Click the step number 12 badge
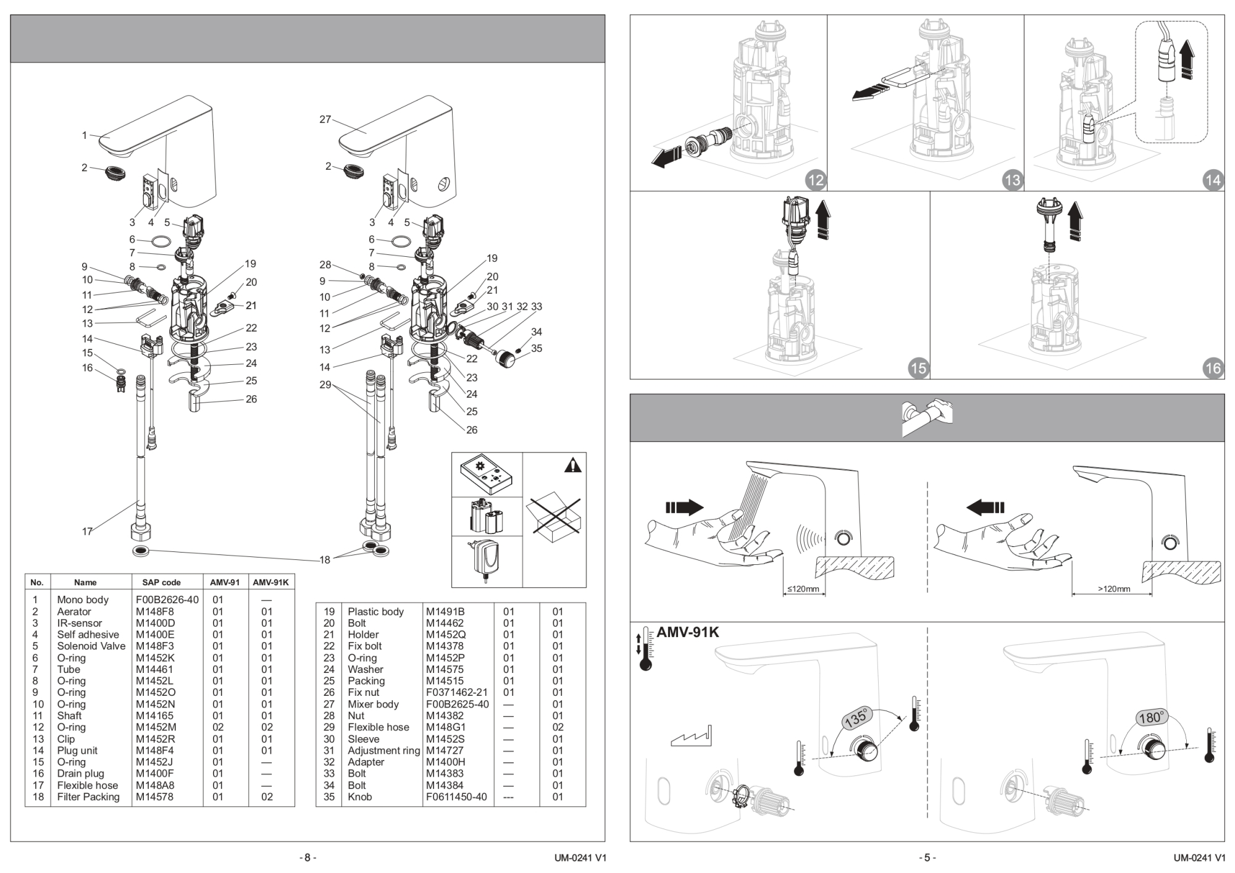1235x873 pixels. point(816,180)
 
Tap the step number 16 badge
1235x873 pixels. point(1213,368)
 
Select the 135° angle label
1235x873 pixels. point(856,719)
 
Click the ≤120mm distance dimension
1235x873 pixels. point(803,589)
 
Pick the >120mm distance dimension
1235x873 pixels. point(1113,589)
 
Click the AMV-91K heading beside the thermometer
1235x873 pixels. point(687,632)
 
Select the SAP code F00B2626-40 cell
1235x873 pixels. point(167,599)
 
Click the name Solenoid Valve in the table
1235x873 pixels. point(91,646)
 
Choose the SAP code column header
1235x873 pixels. point(161,582)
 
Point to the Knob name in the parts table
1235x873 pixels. point(359,796)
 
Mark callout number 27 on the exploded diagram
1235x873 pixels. point(325,119)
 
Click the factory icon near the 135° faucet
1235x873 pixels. point(691,737)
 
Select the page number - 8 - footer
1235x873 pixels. point(307,858)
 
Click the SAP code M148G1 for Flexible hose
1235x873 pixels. point(445,727)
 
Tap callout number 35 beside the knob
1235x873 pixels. point(537,348)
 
